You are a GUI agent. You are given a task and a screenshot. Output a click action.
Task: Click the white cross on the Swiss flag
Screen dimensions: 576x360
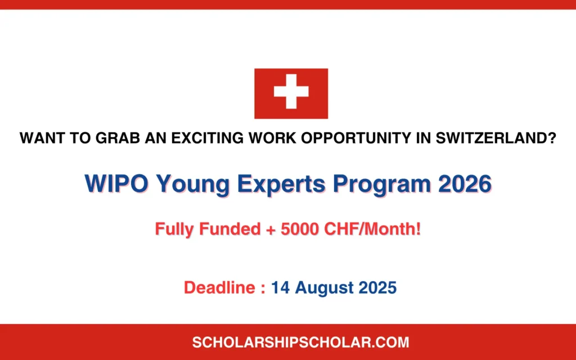[x=291, y=92]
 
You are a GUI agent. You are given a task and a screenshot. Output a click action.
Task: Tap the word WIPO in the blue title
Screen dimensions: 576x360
[x=116, y=183]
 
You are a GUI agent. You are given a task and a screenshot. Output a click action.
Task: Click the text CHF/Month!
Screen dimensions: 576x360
[x=372, y=229]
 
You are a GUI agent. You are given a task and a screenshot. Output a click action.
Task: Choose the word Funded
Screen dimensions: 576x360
[x=230, y=229]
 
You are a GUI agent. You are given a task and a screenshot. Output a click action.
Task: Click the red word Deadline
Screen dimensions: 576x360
[x=219, y=287]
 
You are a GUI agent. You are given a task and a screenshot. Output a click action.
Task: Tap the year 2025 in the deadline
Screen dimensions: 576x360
[x=377, y=287]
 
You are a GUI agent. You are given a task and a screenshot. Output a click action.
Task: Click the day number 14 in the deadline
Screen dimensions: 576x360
[x=280, y=287]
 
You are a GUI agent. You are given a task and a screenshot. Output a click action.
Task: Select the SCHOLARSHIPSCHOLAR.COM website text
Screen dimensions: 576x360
[x=300, y=343]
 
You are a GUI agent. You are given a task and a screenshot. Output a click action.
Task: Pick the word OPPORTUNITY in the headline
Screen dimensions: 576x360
[x=356, y=138]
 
